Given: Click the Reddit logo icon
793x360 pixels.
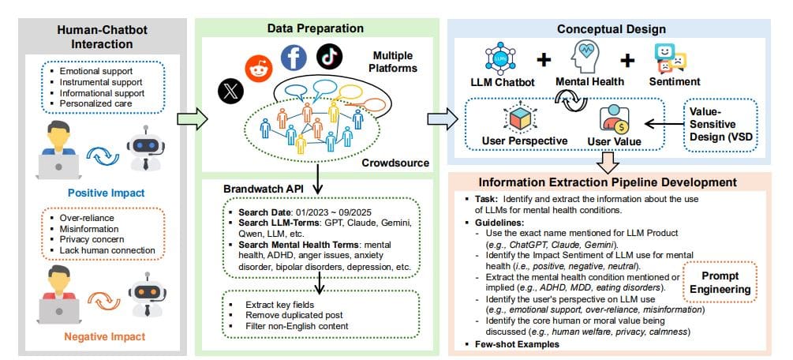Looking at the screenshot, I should [257, 69].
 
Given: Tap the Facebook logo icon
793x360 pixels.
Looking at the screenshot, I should [292, 58].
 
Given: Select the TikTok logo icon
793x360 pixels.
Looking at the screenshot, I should [328, 56].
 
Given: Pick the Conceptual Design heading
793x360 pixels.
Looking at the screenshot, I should [612, 28].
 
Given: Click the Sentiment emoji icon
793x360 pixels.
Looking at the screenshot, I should [671, 59].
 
